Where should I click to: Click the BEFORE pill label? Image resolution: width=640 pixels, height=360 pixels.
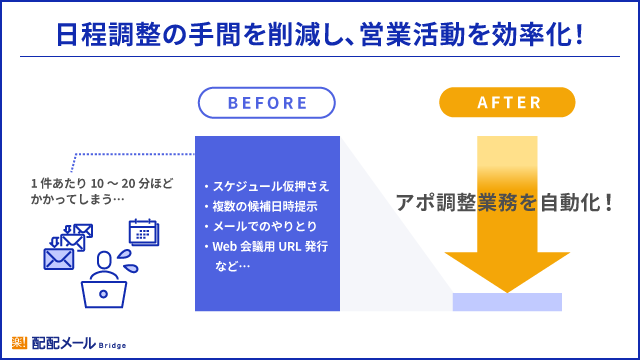pyautogui.click(x=267, y=103)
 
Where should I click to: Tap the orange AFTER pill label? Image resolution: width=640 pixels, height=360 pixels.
pyautogui.click(x=508, y=103)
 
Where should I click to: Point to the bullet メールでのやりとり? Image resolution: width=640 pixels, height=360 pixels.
pyautogui.click(x=260, y=226)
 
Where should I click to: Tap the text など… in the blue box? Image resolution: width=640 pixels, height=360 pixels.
pyautogui.click(x=232, y=266)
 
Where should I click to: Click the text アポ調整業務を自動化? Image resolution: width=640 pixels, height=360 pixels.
pyautogui.click(x=505, y=200)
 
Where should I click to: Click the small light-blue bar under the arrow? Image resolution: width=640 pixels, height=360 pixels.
pyautogui.click(x=508, y=302)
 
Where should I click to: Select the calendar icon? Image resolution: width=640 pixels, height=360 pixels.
pyautogui.click(x=144, y=232)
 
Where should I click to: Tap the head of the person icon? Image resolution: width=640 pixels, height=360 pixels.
pyautogui.click(x=104, y=262)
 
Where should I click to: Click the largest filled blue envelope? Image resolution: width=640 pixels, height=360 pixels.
pyautogui.click(x=59, y=259)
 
